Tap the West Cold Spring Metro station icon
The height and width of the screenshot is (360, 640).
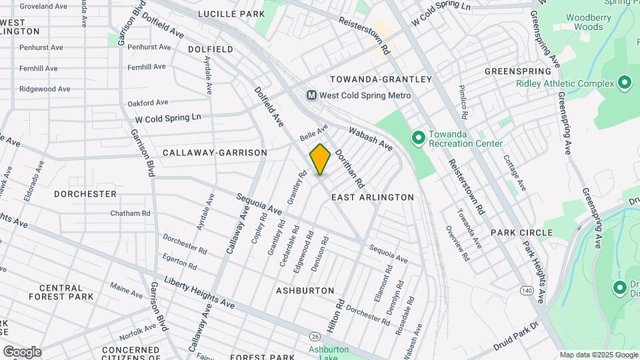[311, 95]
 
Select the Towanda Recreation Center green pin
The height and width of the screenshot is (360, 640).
[418, 138]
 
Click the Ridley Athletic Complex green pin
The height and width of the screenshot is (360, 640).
[625, 83]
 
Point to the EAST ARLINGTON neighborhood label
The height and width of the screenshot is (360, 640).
[373, 197]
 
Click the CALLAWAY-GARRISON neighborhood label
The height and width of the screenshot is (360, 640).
[215, 153]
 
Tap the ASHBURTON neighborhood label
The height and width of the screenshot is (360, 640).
[305, 291]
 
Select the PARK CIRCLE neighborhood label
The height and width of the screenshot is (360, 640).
[521, 233]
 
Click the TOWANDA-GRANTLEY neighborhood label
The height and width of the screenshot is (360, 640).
[381, 79]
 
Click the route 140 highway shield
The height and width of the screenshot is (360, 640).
[527, 291]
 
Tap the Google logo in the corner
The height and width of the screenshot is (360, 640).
[22, 351]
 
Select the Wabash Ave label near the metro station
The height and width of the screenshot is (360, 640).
[371, 139]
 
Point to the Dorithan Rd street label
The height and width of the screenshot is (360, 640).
[350, 167]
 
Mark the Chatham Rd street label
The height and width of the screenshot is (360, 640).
[131, 213]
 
